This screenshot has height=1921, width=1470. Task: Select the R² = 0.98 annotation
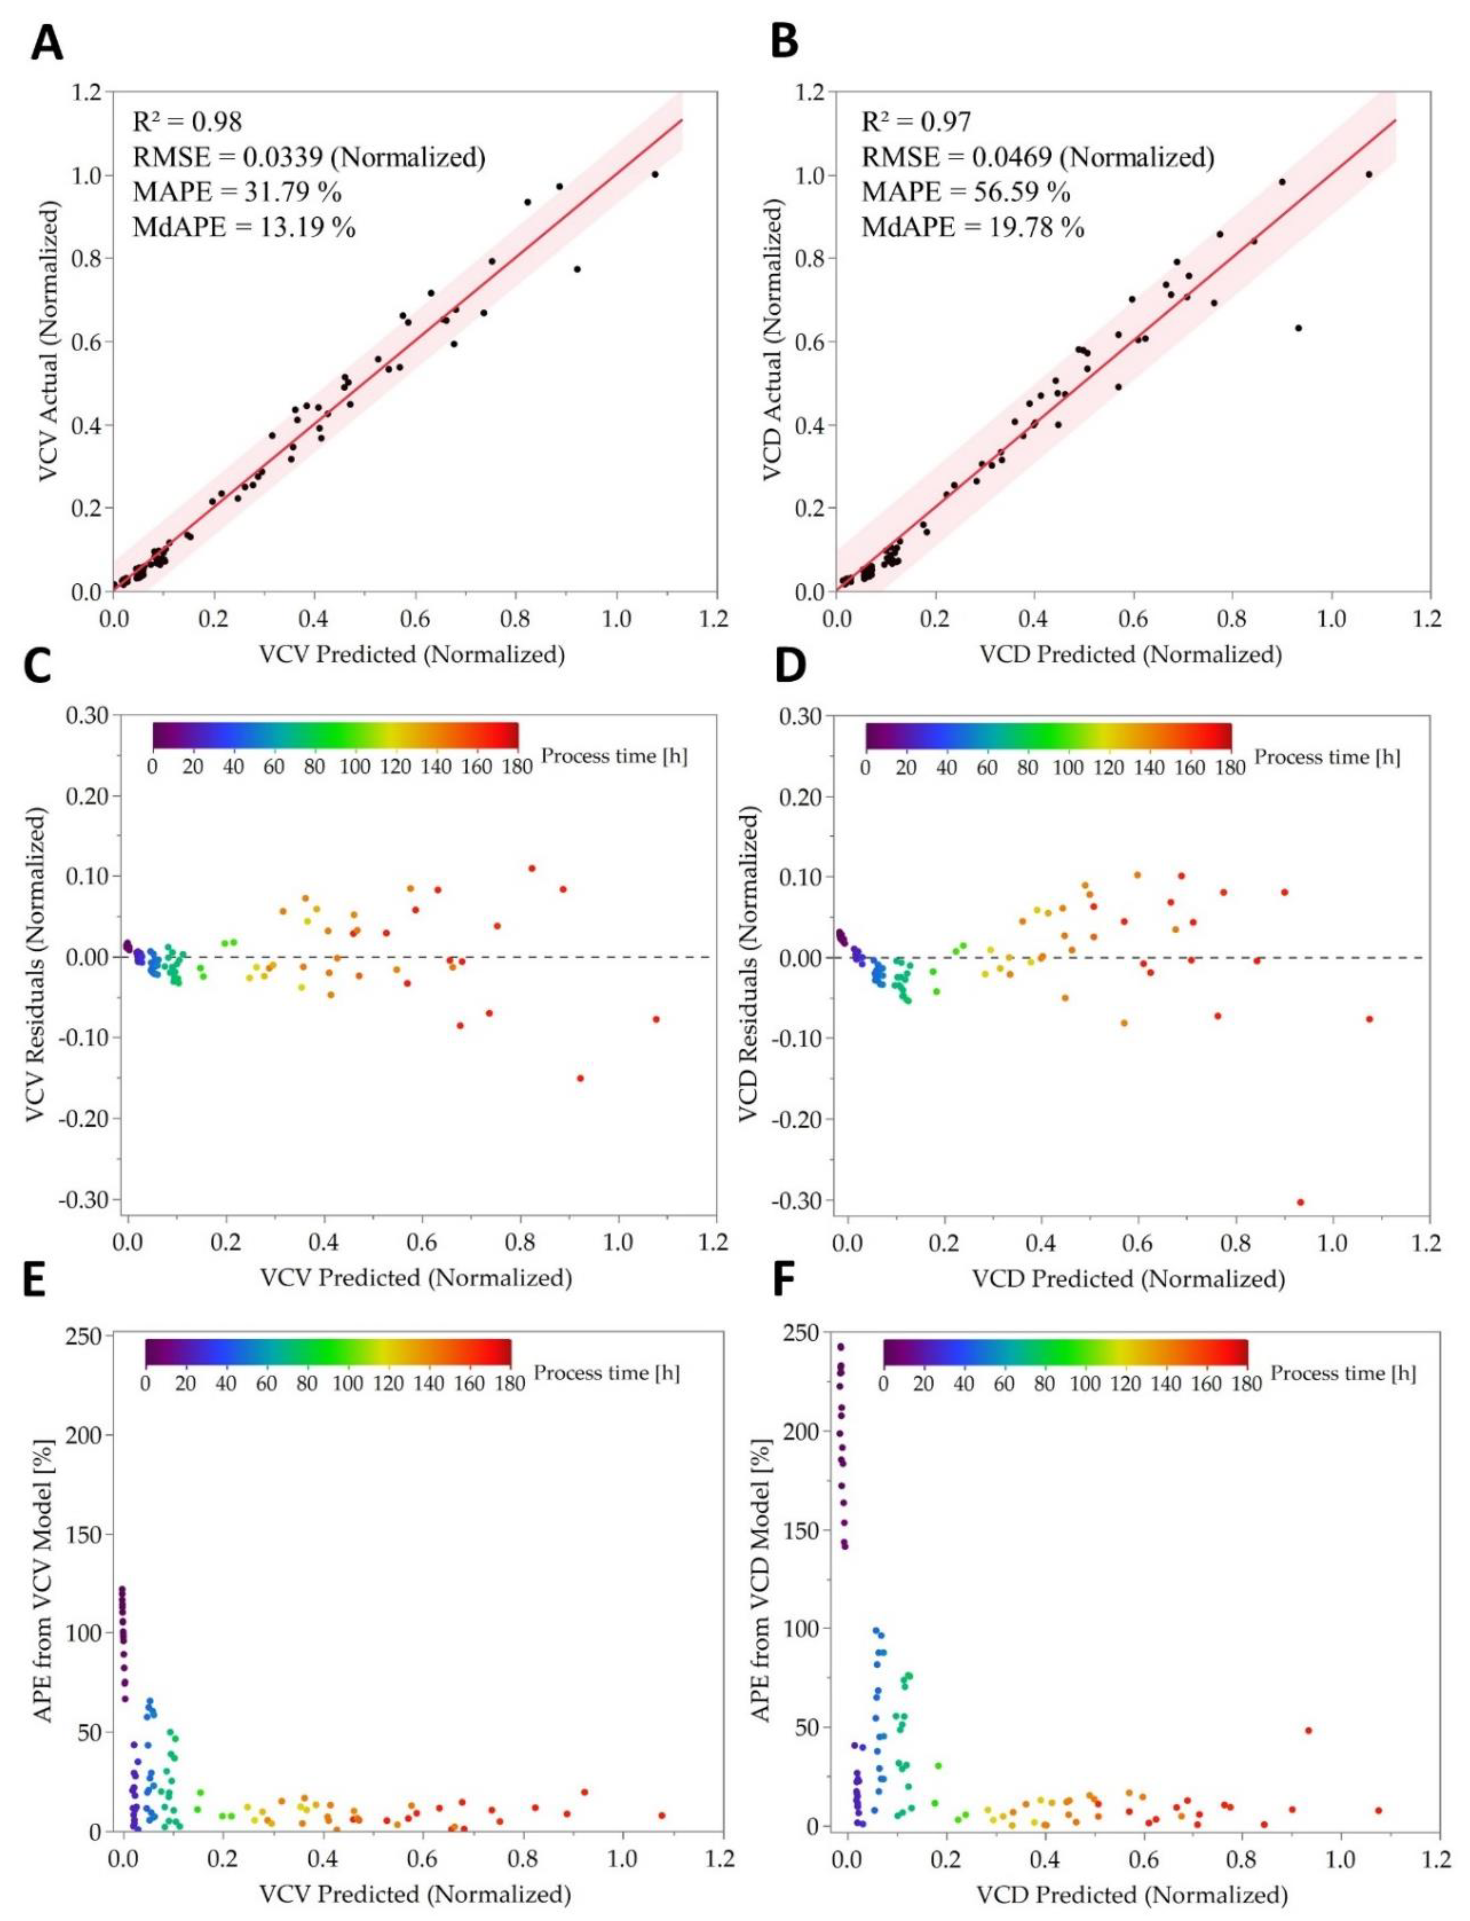point(187,121)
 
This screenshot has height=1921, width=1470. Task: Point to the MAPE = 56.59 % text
point(965,192)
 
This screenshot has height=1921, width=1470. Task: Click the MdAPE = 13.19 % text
point(244,228)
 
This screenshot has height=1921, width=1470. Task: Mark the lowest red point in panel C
point(580,1078)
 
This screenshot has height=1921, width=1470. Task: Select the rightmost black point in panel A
point(654,174)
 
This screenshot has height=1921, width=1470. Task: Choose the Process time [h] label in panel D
point(1327,757)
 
